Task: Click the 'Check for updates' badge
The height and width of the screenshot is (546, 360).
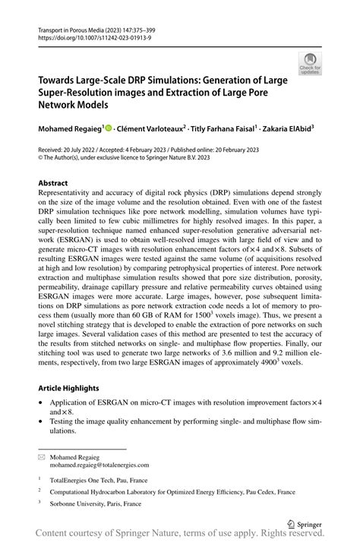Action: [x=309, y=64]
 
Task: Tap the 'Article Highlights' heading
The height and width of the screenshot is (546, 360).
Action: [x=70, y=387]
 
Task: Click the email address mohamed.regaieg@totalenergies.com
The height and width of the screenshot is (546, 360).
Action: [x=100, y=464]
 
